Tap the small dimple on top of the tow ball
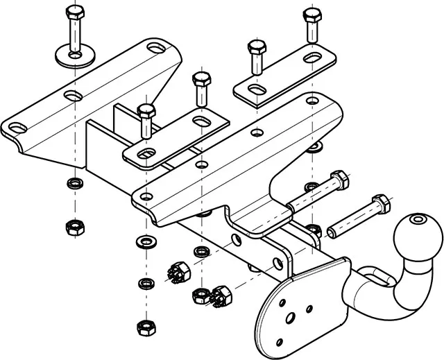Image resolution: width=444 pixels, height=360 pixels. [x=418, y=220]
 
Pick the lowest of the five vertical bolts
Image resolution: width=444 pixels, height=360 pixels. [x=145, y=111]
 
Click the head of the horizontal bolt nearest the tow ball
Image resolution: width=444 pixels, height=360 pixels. [x=379, y=205]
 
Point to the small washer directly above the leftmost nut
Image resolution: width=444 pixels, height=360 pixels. [x=71, y=185]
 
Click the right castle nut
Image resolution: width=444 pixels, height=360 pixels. [x=220, y=295]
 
